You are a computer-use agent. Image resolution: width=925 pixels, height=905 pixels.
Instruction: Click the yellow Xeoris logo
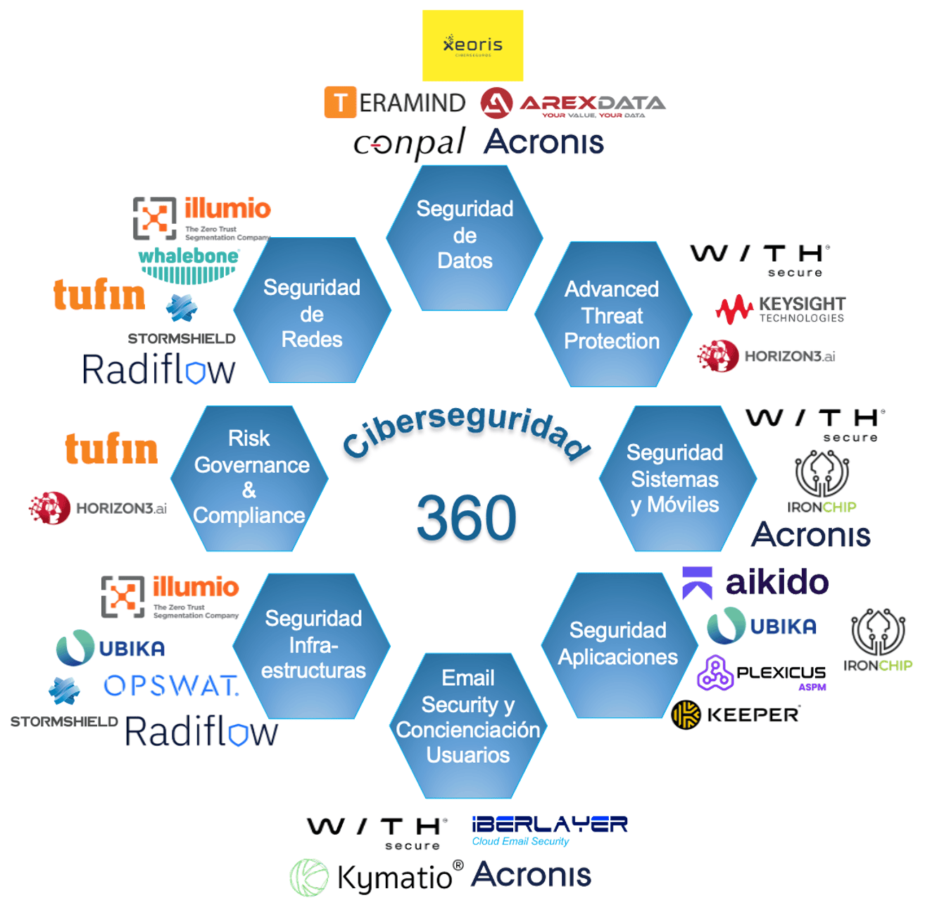472,45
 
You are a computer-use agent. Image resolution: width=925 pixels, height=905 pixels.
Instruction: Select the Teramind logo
395,103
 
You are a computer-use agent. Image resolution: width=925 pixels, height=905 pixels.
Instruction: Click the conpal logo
409,144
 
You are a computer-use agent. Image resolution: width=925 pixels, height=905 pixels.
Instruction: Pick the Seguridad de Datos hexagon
465,236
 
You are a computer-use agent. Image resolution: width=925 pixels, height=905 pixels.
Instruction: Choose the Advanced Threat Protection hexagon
612,315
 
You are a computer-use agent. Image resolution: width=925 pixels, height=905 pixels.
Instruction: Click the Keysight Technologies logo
781,309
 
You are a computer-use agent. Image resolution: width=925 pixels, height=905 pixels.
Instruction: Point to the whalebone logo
189,265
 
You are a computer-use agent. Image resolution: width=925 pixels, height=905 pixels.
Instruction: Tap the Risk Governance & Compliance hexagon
250,478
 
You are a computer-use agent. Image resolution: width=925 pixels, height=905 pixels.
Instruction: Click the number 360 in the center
466,517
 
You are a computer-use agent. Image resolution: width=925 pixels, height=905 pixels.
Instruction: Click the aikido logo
756,583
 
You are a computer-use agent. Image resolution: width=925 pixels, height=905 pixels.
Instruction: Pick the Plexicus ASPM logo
762,673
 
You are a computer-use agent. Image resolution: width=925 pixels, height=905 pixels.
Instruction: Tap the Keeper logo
736,715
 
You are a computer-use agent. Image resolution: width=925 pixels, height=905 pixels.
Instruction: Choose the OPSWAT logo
171,685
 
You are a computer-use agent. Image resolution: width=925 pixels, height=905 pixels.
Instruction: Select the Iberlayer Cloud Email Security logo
549,830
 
